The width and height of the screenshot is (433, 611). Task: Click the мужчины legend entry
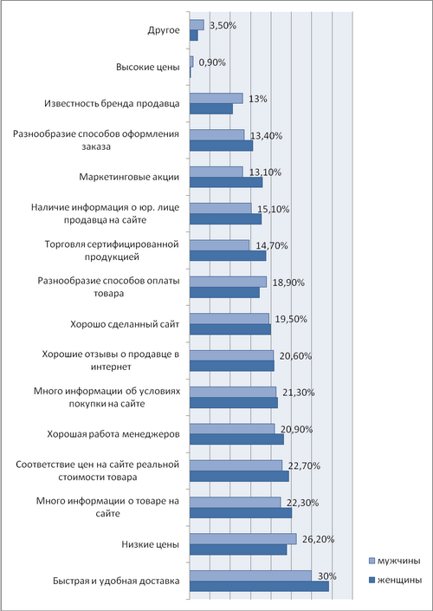tap(394, 562)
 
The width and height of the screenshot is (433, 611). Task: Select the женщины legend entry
tap(395, 581)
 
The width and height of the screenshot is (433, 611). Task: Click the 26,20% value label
tap(319, 540)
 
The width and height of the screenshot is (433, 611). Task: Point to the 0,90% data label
tap(212, 62)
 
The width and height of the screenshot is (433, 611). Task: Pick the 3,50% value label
tap(223, 26)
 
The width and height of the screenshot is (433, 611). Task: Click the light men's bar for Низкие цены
tap(243, 539)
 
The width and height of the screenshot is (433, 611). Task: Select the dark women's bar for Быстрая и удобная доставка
tap(259, 586)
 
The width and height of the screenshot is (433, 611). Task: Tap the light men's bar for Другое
tap(197, 25)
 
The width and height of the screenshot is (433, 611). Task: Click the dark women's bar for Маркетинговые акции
tap(226, 182)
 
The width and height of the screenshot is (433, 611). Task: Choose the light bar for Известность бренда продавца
tap(216, 98)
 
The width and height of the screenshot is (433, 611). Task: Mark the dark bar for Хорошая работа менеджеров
tap(236, 439)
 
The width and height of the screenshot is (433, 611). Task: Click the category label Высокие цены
tap(148, 67)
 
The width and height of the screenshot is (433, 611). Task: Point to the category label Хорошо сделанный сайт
tap(125, 325)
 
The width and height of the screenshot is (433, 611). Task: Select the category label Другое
tap(164, 30)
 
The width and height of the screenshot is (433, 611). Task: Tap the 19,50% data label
tap(291, 319)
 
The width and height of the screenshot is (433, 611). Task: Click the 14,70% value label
tap(272, 246)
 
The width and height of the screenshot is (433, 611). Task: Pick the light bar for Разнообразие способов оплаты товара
tap(228, 282)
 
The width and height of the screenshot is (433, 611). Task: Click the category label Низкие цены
tap(151, 545)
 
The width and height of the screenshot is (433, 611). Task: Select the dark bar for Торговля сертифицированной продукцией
tap(228, 256)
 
